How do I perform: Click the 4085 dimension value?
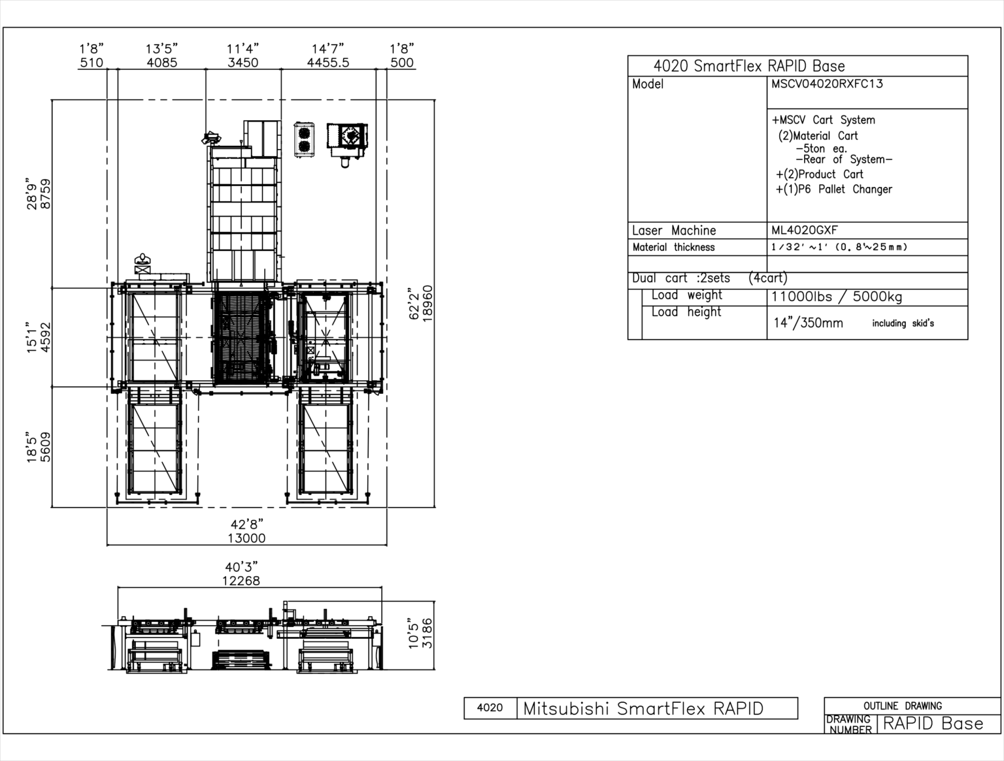tap(162, 63)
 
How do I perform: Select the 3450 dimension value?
tap(243, 63)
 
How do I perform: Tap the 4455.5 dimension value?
tap(328, 63)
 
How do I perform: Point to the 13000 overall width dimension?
tap(246, 538)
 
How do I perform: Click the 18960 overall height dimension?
tap(427, 304)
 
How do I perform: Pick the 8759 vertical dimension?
tap(46, 194)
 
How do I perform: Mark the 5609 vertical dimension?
tap(46, 447)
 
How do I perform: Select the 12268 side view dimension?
tap(241, 581)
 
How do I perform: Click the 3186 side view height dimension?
tap(427, 633)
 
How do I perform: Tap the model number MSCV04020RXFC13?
tap(827, 84)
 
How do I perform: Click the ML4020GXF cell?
tap(805, 231)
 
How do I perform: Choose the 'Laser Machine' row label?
tap(674, 231)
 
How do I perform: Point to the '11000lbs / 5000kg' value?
tap(837, 297)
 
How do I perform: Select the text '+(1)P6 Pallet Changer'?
tap(834, 189)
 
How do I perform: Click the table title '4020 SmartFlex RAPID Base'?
tap(749, 66)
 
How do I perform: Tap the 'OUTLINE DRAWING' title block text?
tap(903, 706)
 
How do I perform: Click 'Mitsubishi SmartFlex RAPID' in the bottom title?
tap(643, 709)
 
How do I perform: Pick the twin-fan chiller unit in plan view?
tap(304, 140)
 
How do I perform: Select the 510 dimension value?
tap(92, 63)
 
